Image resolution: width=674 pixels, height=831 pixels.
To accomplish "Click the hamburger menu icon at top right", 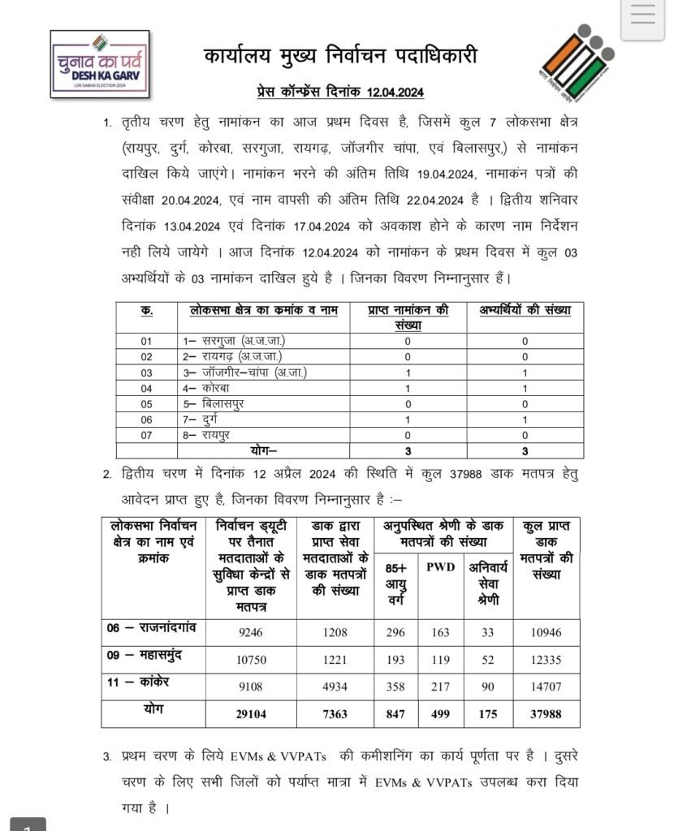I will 642,16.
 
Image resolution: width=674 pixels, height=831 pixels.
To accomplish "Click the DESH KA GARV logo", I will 100,63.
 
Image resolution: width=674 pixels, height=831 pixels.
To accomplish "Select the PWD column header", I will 440,566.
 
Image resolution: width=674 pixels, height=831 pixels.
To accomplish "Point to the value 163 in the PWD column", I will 440,632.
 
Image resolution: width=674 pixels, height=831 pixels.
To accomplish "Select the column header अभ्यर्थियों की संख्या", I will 526,310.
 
